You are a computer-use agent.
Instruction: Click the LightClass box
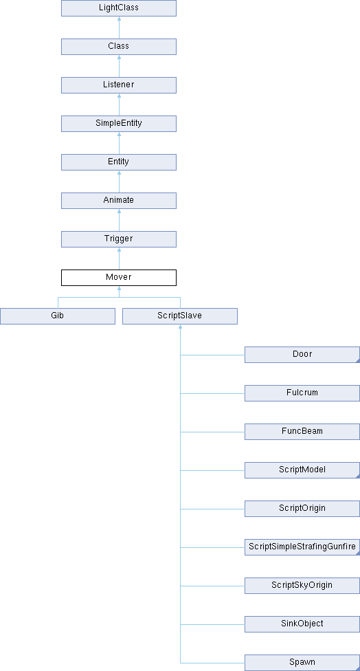[x=119, y=8]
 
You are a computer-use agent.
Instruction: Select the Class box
[x=119, y=47]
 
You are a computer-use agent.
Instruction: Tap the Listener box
[x=119, y=85]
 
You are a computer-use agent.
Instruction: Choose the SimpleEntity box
[x=119, y=124]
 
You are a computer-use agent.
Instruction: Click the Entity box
[x=119, y=162]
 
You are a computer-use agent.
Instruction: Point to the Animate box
[x=119, y=201]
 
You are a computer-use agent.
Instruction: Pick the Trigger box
[x=119, y=239]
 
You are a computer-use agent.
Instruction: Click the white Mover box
[x=119, y=278]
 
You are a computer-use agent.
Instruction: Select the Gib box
[x=58, y=316]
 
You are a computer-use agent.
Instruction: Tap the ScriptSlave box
[x=180, y=316]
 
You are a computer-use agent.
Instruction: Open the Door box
[x=302, y=355]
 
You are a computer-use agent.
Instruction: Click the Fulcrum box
[x=302, y=393]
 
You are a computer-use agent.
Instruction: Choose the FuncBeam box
[x=302, y=432]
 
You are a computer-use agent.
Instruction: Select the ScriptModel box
[x=302, y=470]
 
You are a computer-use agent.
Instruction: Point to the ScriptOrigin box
[x=302, y=509]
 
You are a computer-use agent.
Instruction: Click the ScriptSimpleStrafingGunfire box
[x=302, y=547]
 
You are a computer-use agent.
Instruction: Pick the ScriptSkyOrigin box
[x=302, y=586]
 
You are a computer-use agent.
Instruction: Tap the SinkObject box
[x=302, y=624]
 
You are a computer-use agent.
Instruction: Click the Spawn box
[x=302, y=663]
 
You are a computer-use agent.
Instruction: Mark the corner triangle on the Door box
[x=359, y=361]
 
